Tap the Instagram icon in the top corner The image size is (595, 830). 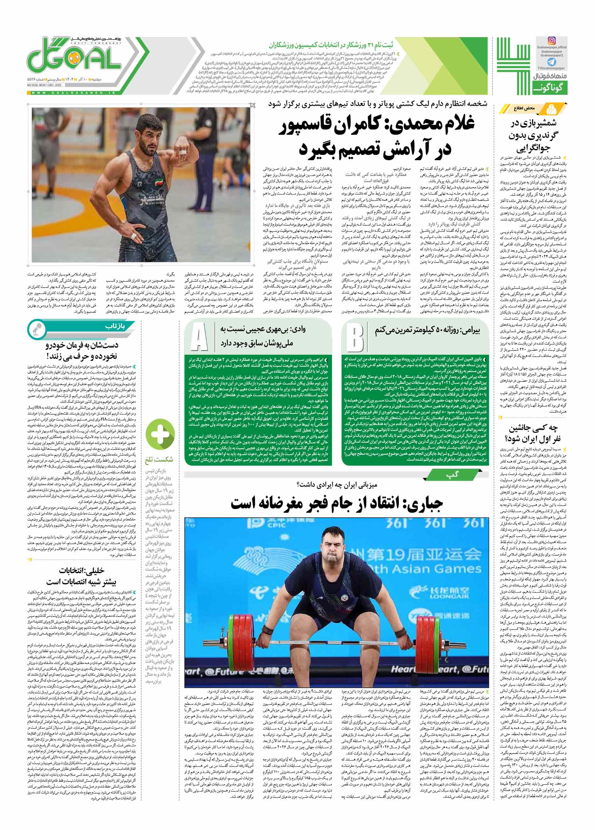(551, 41)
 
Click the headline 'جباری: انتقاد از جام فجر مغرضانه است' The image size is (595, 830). (337, 503)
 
